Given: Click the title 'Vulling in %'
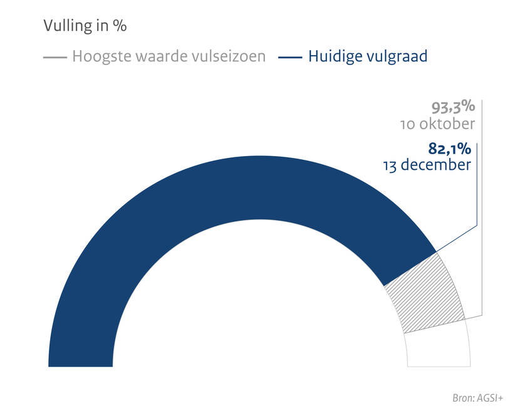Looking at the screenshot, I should (85, 26).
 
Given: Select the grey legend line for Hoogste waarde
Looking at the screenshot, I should (55, 57).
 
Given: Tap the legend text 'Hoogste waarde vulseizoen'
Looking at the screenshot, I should (169, 56).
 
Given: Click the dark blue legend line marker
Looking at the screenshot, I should (290, 57).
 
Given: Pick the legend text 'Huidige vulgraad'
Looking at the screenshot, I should (368, 56).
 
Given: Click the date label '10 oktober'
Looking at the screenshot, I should (437, 124).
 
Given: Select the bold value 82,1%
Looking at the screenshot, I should (449, 149).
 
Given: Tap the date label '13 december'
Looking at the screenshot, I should (426, 166).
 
